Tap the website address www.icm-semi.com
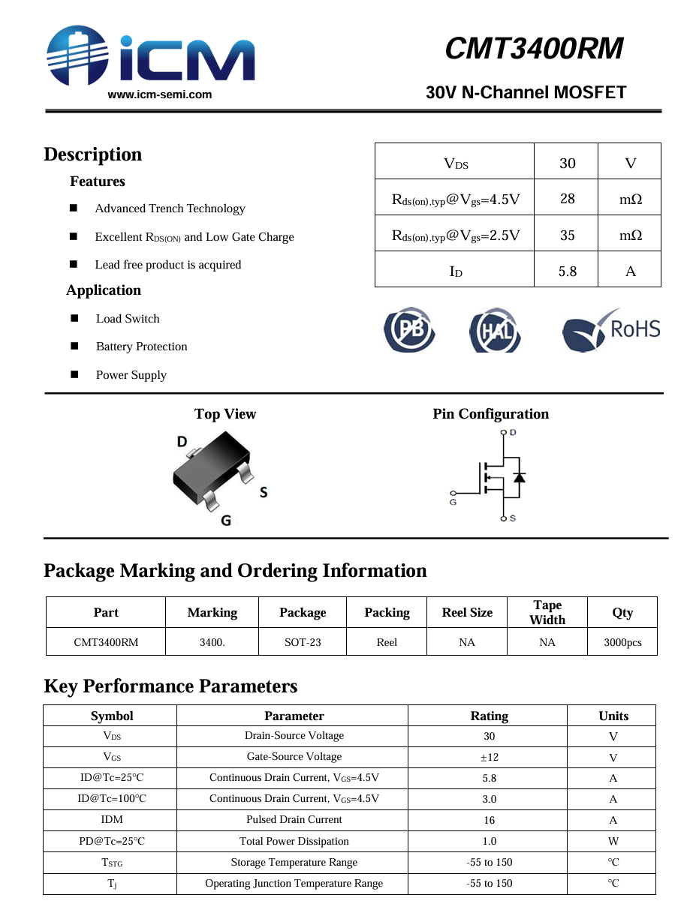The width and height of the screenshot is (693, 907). (160, 95)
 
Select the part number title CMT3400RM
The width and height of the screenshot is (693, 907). (534, 49)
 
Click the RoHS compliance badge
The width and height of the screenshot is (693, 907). (611, 330)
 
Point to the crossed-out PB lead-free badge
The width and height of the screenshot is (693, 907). (409, 329)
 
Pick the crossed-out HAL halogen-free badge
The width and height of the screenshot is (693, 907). (495, 330)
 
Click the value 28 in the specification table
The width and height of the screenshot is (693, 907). (567, 199)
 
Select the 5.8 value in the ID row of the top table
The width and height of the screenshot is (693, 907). (567, 271)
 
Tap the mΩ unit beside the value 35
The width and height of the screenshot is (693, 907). (630, 235)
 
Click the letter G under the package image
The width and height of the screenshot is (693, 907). (225, 520)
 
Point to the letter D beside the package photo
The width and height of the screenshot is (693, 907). (182, 442)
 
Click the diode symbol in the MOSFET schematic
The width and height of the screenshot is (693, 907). (518, 477)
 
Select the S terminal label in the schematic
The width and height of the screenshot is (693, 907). (513, 518)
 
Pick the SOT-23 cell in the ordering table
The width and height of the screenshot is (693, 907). (303, 642)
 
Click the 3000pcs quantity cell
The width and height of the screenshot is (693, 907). (622, 642)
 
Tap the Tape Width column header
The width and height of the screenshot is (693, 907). (547, 612)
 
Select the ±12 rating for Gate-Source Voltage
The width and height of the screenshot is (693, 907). (489, 758)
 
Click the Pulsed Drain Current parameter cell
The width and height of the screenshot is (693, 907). (294, 820)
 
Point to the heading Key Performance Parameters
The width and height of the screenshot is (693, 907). (170, 686)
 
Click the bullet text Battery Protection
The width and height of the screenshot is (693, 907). (141, 347)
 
